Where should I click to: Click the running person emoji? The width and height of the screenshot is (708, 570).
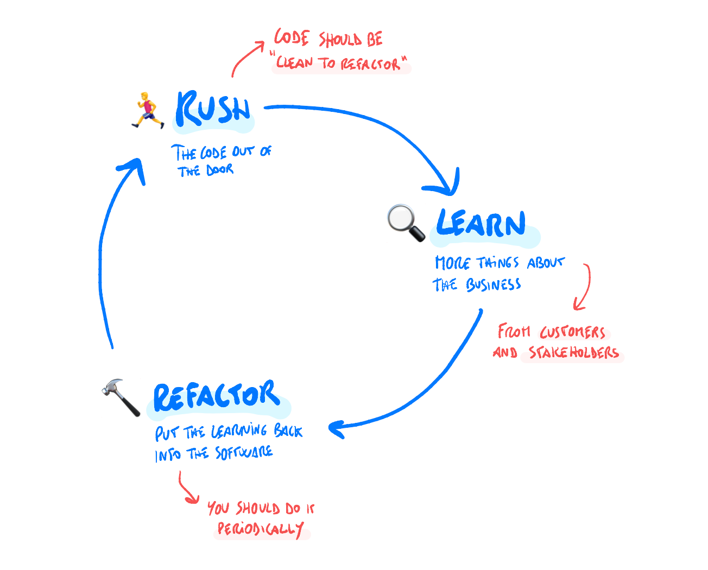coord(147,111)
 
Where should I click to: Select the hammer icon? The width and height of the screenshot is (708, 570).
coord(121,397)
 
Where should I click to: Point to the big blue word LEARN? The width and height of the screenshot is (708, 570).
coord(481,224)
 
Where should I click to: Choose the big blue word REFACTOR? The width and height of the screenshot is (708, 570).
coord(217,396)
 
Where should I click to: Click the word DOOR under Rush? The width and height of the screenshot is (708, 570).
coord(220,170)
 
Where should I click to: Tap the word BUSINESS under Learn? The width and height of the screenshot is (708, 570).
coord(493,284)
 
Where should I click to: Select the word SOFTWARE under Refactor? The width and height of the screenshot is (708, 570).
coord(244,453)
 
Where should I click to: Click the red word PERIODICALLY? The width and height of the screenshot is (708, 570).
coord(261,529)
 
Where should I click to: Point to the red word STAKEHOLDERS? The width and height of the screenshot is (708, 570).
coord(574,353)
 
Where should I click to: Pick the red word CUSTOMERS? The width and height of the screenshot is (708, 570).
coord(572,332)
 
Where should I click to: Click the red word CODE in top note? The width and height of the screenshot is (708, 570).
coord(292,38)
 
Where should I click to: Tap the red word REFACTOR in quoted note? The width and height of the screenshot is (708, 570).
coord(370,65)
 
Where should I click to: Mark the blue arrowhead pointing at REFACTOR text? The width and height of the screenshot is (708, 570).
coord(337,429)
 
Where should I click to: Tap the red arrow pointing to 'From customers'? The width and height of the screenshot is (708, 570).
coord(584,288)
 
